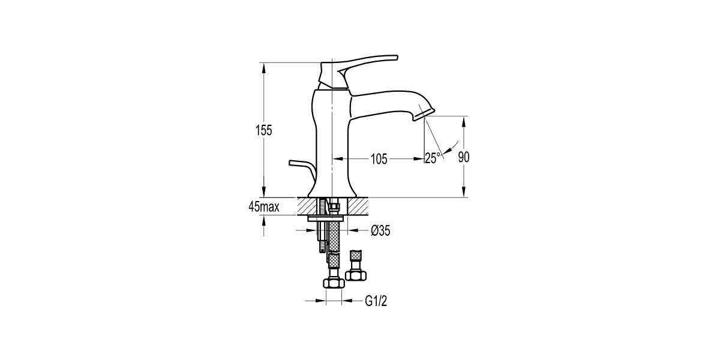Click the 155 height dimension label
[x=263, y=130]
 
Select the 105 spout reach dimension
[x=379, y=159]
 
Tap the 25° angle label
[x=433, y=158]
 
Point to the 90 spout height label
[x=464, y=157]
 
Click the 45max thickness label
[x=264, y=206]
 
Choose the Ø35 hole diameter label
[x=380, y=230]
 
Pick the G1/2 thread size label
[x=376, y=301]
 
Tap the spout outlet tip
[x=424, y=115]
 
